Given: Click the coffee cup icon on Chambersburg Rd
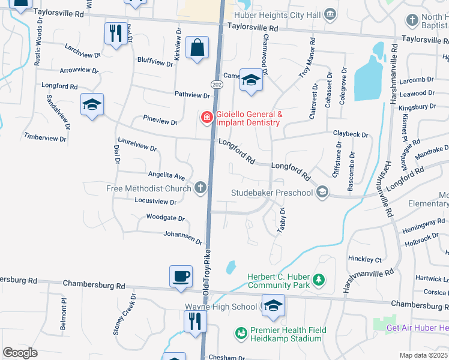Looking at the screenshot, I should tap(181, 277).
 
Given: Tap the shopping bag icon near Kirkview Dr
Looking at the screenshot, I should tap(197, 47).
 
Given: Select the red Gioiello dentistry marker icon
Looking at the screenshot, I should tap(206, 117).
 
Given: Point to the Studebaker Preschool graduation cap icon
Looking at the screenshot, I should tap(322, 192).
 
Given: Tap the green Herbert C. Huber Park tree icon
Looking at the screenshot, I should tap(319, 280).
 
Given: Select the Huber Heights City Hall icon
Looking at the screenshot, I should tap(330, 13).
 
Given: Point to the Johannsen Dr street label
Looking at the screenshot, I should tap(183, 238).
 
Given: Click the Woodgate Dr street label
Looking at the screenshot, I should tap(166, 218).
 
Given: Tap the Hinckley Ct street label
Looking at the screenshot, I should tap(365, 260).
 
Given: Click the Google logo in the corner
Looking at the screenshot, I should tap(20, 352).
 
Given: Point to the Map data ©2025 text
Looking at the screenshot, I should tap(423, 355).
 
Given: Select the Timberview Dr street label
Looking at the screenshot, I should tap(45, 138).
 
